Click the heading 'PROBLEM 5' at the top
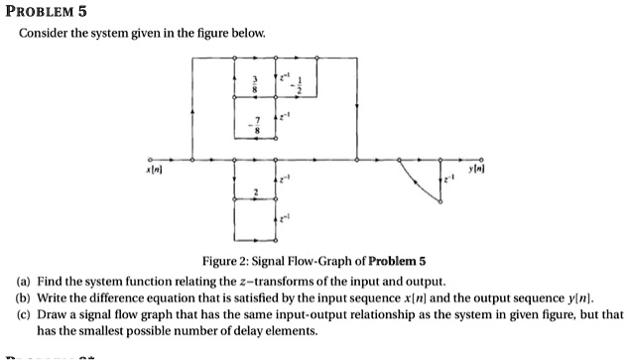[x=47, y=12]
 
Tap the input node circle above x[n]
[x=151, y=158]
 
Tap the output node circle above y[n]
[x=483, y=158]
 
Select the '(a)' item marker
[x=22, y=282]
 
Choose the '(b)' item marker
[x=22, y=298]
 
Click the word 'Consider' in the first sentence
[x=44, y=34]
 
